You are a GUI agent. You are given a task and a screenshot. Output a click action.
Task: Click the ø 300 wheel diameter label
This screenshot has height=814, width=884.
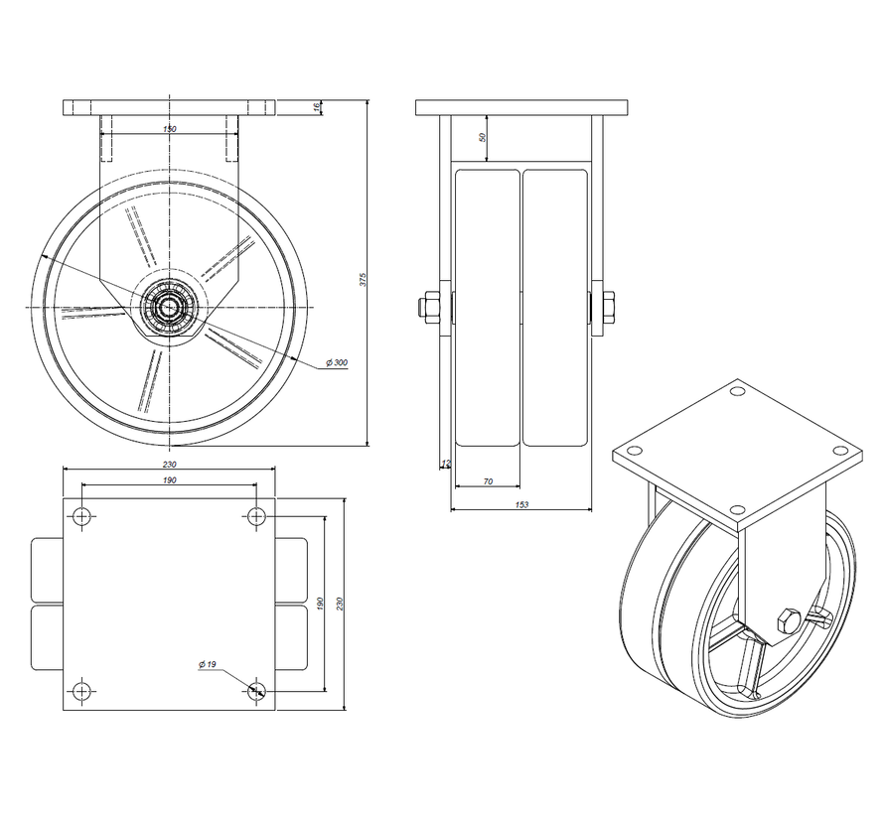pos(335,363)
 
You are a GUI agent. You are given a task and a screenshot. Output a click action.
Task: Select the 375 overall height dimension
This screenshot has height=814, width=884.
pos(364,280)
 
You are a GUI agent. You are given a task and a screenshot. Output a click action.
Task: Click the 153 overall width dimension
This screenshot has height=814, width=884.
pos(522,504)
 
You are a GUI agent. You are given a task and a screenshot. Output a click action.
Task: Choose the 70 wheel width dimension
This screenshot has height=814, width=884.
pos(487,480)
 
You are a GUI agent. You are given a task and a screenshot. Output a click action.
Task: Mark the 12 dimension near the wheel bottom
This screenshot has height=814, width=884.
pos(445,463)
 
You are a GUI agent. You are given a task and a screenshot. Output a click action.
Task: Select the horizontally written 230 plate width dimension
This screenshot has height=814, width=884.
pos(169,464)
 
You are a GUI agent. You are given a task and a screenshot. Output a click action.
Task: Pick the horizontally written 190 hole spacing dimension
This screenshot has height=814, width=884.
pos(169,480)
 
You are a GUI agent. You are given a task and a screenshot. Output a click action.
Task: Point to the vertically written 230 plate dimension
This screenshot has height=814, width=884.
pos(340,604)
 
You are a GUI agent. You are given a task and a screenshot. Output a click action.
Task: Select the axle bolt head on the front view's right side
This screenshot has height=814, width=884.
pos(606,307)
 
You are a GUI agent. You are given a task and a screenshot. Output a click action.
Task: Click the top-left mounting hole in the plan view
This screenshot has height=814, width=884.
pos(81,515)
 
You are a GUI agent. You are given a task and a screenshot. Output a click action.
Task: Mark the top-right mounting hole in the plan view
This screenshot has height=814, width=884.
pos(256,515)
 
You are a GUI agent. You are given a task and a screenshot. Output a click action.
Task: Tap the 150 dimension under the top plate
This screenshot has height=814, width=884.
pos(169,129)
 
